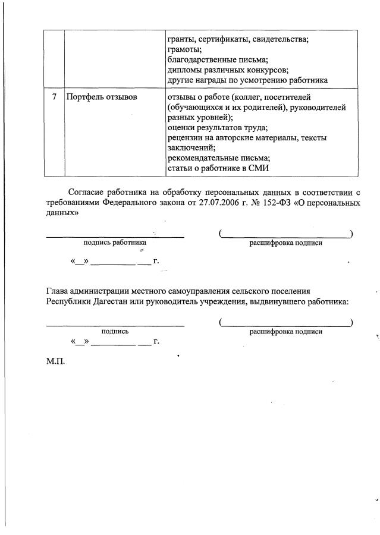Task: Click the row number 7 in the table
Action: tap(54, 97)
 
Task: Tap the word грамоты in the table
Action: tap(185, 49)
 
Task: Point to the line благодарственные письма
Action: tap(218, 59)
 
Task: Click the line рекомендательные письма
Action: tap(219, 158)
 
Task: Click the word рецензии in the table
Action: tap(187, 138)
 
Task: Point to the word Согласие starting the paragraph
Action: tap(87, 192)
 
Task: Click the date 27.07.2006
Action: tap(218, 203)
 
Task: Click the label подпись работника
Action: tap(115, 243)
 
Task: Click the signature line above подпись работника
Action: tap(115, 236)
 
